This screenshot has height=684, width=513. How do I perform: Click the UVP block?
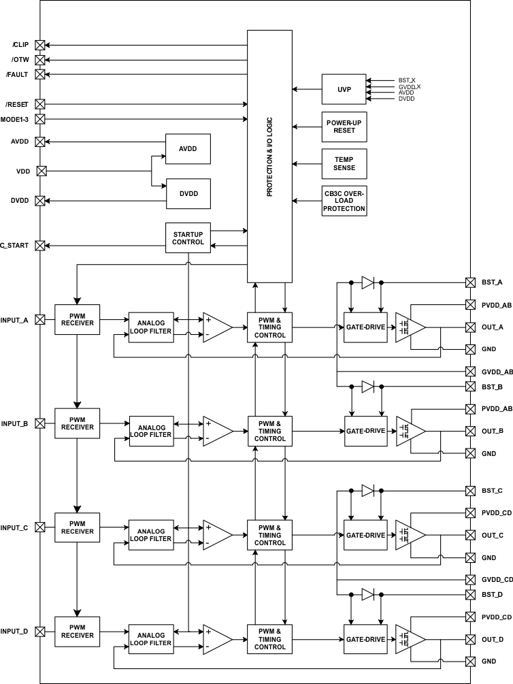tap(344, 89)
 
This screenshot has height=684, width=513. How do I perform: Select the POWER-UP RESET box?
tap(344, 127)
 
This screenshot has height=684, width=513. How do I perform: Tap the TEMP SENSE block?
tap(344, 163)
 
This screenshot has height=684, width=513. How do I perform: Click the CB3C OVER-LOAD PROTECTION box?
tap(344, 201)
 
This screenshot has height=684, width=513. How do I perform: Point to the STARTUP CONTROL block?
tap(188, 238)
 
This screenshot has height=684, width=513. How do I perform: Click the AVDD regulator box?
tap(188, 149)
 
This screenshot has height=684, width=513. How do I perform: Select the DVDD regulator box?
tap(188, 193)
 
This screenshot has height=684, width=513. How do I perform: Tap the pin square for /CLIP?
tap(40, 45)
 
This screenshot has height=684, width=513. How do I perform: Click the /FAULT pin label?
tap(17, 75)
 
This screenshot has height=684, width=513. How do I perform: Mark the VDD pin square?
tap(40, 171)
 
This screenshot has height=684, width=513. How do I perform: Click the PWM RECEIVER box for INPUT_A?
tap(77, 319)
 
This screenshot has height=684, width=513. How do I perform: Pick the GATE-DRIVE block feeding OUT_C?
tap(365, 535)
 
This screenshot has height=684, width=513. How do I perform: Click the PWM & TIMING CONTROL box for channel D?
tap(270, 638)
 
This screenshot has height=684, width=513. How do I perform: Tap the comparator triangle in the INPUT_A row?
tap(216, 327)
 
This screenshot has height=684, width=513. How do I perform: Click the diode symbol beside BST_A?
tap(367, 282)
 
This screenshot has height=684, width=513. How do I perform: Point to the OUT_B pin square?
tap(470, 431)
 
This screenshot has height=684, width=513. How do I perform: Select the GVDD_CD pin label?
tap(497, 579)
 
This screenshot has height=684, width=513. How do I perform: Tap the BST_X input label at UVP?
tap(407, 80)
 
